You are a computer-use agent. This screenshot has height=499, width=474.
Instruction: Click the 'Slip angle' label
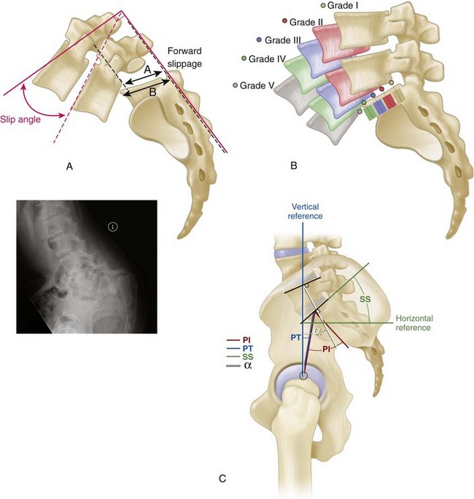pos(20,119)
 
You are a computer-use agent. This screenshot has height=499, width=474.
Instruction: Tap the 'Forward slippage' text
pos(184,58)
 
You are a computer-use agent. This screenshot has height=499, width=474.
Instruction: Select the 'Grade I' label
pos(343,5)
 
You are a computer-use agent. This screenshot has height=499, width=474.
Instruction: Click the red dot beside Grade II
pos(285,21)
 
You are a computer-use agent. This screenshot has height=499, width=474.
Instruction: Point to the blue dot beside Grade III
pos(260,40)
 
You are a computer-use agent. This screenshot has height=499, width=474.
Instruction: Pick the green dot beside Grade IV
pos(244,58)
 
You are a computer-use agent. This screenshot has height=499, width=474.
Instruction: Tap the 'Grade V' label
pos(257,86)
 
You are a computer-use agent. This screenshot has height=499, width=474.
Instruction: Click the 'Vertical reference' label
pos(305,211)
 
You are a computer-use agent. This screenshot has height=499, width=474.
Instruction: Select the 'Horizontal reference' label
pos(414,323)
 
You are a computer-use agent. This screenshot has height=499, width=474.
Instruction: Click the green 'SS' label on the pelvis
pos(365,299)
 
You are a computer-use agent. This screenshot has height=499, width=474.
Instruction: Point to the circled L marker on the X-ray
pos(113,227)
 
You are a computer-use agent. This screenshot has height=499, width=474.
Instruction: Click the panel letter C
pos(222,479)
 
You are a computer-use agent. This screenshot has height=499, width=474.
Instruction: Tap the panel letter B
pos(294,165)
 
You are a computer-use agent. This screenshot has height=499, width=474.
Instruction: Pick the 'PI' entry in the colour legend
pos(246,341)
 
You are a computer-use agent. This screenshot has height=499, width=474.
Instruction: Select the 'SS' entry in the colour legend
pos(247,357)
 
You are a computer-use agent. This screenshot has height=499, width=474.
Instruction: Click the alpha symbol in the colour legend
pos(248,366)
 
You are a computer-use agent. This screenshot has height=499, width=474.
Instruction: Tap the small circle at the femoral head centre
pos(304,376)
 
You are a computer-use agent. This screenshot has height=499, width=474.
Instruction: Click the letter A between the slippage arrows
pos(147,70)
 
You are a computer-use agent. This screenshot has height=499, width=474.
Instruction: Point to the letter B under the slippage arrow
pos(152,92)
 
